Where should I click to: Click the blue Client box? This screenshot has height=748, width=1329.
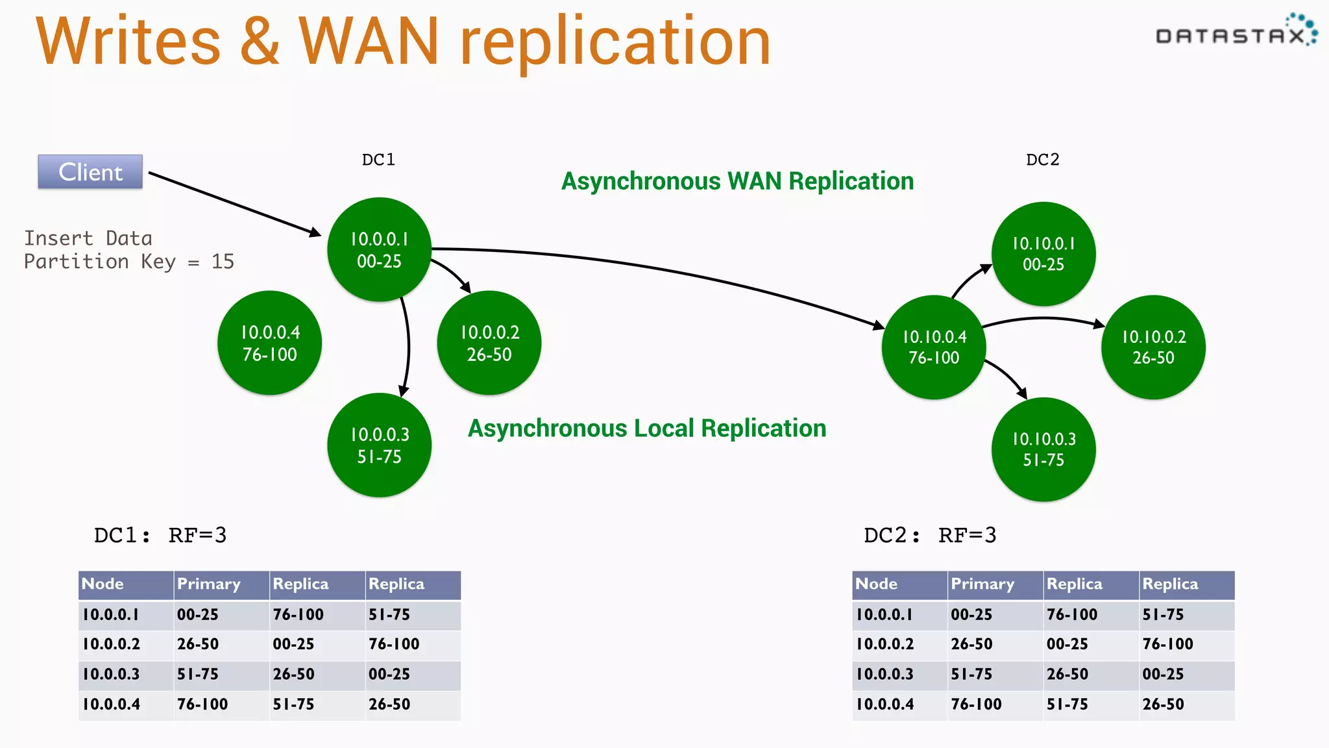tap(90, 172)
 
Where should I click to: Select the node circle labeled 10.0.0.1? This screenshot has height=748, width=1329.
tap(380, 250)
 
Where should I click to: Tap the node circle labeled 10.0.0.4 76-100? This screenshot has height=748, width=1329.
tap(269, 343)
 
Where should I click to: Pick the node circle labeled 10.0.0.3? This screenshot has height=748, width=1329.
tap(380, 445)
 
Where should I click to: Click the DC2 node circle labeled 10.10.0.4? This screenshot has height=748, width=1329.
tap(934, 347)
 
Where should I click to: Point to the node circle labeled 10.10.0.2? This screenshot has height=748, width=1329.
tap(1153, 347)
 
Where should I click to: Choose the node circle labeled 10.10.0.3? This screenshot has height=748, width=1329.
tap(1043, 449)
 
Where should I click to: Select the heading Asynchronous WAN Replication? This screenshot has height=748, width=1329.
tap(737, 181)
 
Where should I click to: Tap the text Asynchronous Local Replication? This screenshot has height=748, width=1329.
tap(647, 429)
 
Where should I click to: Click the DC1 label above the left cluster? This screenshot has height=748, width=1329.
tap(378, 160)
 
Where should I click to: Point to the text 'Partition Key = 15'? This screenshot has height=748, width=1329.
tap(129, 262)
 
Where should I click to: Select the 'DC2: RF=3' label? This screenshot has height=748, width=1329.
tap(929, 535)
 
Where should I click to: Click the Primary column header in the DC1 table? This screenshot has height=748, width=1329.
tap(209, 584)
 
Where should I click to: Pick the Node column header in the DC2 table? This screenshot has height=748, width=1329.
tap(877, 584)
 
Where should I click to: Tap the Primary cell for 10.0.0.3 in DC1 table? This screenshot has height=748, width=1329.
tap(198, 674)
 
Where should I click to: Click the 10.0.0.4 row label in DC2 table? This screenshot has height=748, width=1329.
tap(885, 704)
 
